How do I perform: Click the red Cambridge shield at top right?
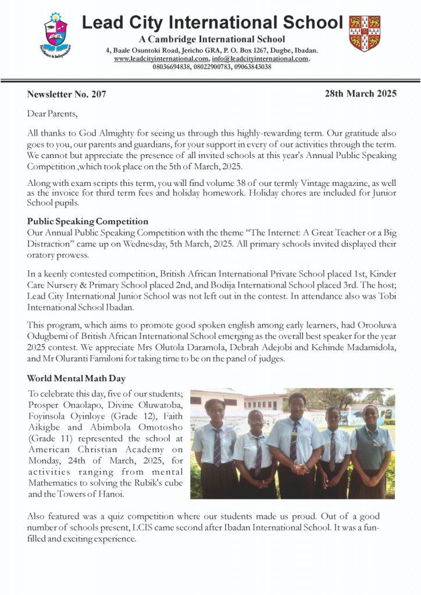[364, 33]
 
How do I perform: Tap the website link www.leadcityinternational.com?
[161, 59]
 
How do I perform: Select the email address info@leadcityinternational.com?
[261, 59]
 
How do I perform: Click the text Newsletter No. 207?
[66, 94]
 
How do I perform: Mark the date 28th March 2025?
[361, 93]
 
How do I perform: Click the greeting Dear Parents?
[52, 113]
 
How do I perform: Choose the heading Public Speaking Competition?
[87, 221]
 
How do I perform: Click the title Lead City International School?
[212, 23]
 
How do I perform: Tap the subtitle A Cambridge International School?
[212, 40]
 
